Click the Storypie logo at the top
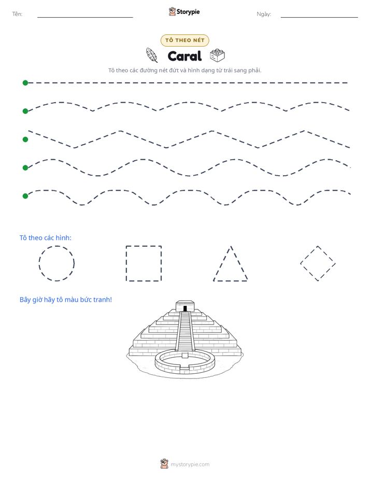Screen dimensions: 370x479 tap(184, 11)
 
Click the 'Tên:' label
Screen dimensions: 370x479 tap(17, 14)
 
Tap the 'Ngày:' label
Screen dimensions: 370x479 tap(264, 14)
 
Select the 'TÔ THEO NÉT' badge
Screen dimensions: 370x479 tap(184, 40)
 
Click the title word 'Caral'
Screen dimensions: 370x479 tap(184, 56)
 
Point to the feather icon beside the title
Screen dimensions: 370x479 tap(152, 55)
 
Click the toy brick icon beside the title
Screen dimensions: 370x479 tap(217, 55)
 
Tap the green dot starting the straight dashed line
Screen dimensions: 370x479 tap(25, 83)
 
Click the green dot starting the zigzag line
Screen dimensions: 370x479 tap(25, 139)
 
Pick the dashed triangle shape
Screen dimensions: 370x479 tap(222, 263)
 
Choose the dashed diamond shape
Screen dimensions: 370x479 tap(309, 255)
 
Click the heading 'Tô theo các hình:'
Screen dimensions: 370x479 tap(46, 237)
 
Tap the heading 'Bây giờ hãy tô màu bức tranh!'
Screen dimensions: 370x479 tap(66, 300)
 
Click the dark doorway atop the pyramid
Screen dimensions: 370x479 tap(185, 308)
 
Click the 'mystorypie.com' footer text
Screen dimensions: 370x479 tap(190, 464)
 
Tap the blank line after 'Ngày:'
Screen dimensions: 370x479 tap(319, 18)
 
